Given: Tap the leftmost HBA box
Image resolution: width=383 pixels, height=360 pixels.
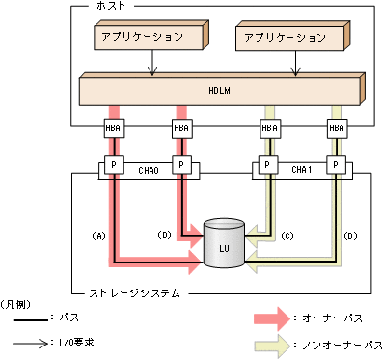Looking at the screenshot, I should [114, 127].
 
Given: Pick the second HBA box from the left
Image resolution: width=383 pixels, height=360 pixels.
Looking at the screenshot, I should [180, 127].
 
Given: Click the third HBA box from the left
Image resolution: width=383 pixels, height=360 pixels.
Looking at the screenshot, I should [269, 127].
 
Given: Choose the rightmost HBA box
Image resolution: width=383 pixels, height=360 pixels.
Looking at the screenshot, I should [336, 127].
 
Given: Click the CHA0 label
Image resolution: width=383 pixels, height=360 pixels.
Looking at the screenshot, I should [148, 168].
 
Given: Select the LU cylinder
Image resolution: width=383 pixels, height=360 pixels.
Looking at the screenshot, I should [223, 247].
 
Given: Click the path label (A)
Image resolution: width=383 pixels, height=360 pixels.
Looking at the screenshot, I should [97, 235].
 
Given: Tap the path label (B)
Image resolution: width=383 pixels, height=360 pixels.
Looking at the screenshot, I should [164, 235].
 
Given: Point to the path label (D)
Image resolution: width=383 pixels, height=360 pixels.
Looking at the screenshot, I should [351, 235].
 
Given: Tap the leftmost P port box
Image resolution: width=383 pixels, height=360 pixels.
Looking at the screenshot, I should [114, 164].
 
